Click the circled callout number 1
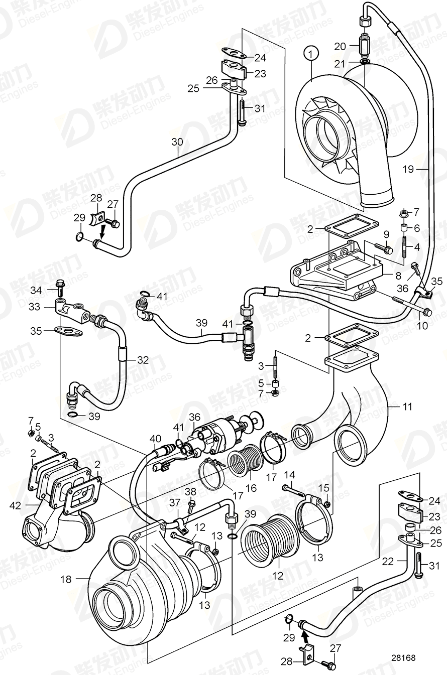[311, 53]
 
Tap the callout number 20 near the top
[341, 47]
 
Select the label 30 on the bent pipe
[177, 142]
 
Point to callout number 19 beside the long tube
[408, 170]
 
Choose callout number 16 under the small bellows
[251, 488]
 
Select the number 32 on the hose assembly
[143, 360]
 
